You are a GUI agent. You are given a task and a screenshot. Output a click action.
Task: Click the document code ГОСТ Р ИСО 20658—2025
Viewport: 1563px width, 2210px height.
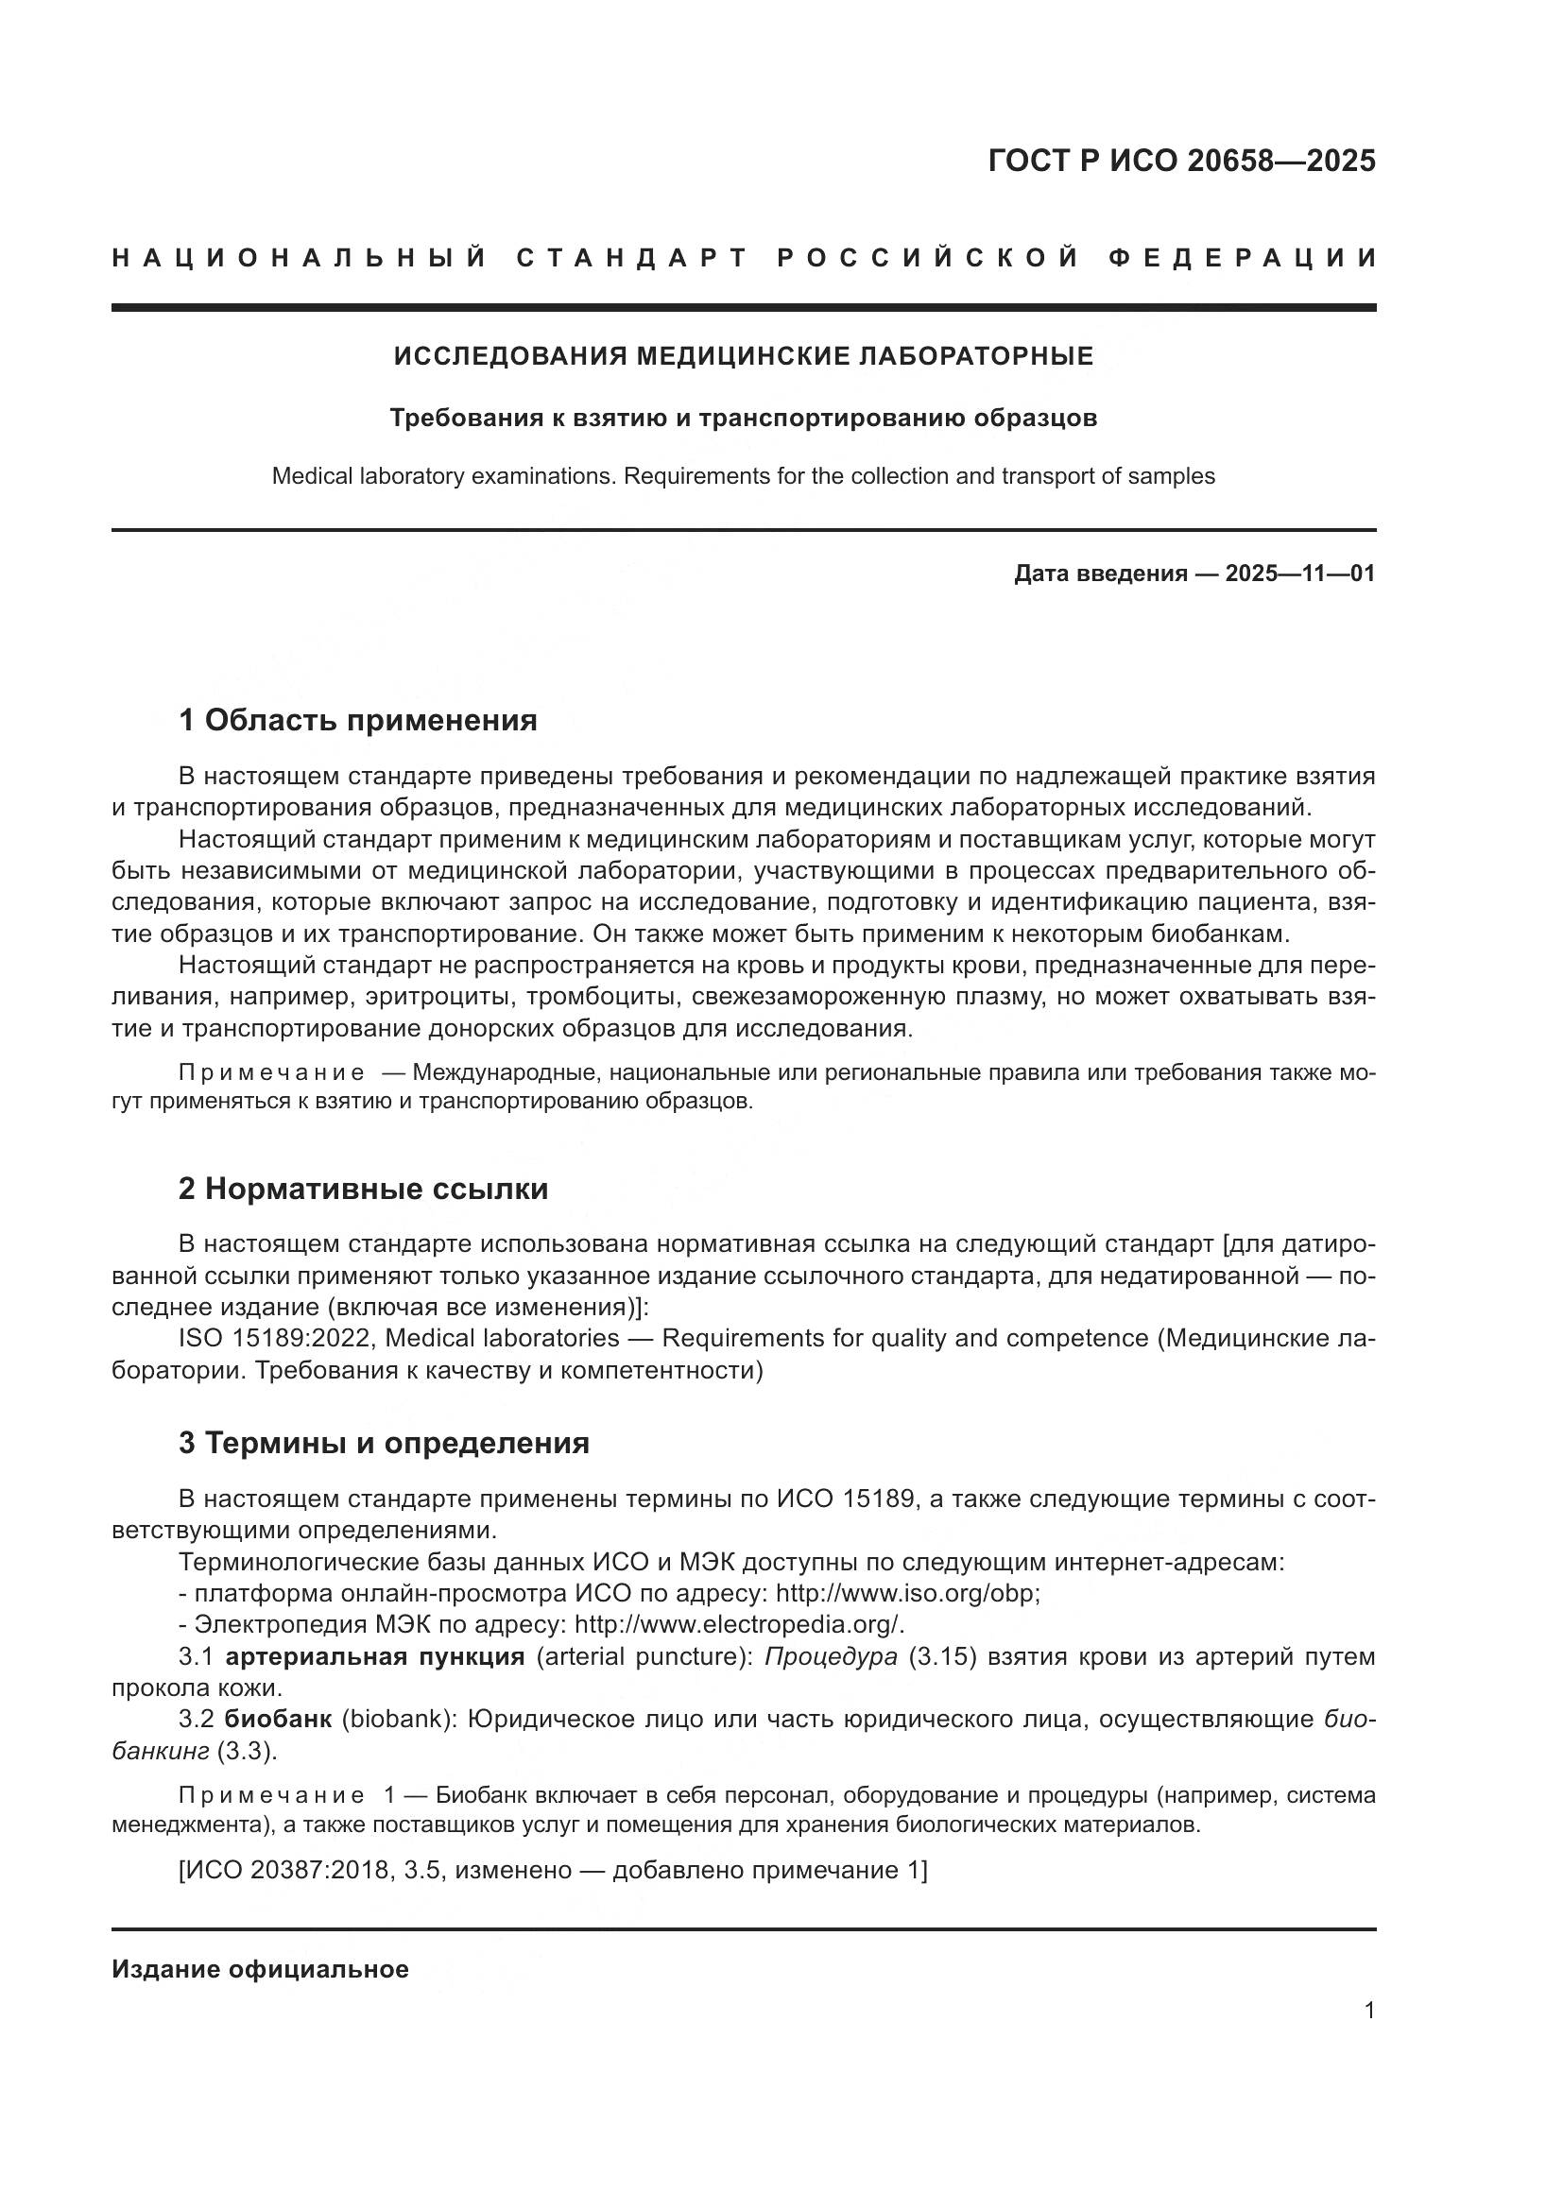coord(1181,162)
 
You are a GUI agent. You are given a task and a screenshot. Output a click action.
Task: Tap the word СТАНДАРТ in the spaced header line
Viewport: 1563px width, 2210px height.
coord(632,258)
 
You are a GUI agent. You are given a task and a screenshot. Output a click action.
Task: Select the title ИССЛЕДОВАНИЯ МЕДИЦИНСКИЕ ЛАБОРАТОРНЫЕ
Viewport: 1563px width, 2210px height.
coord(743,356)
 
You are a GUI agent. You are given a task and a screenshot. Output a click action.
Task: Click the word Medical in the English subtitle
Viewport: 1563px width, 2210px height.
coord(310,475)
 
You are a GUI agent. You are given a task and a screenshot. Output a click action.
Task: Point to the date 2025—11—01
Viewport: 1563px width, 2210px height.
coord(1299,574)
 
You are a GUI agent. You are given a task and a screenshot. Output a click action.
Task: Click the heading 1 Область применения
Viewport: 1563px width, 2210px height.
coord(357,720)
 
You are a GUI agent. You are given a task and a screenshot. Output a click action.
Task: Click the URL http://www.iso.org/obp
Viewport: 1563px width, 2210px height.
coord(907,1593)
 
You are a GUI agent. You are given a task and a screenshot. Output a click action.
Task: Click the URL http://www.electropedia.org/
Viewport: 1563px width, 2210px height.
coord(739,1625)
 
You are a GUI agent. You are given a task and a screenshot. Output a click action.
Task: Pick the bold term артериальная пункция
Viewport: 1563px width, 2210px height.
coord(375,1656)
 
